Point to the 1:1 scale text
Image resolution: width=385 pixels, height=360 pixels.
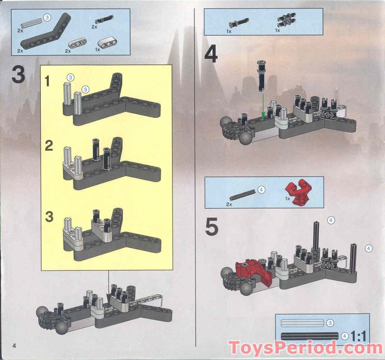[x=358, y=335]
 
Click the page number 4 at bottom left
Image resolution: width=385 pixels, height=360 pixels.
[x=15, y=346]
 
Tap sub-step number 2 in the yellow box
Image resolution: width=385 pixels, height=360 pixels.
[x=49, y=146]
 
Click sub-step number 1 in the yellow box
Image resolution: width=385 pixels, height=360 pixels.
[x=47, y=82]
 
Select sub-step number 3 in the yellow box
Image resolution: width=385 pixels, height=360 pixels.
[x=49, y=217]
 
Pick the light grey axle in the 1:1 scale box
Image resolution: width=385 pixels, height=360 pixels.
[x=302, y=323]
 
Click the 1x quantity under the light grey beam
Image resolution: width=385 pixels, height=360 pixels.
[x=97, y=50]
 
